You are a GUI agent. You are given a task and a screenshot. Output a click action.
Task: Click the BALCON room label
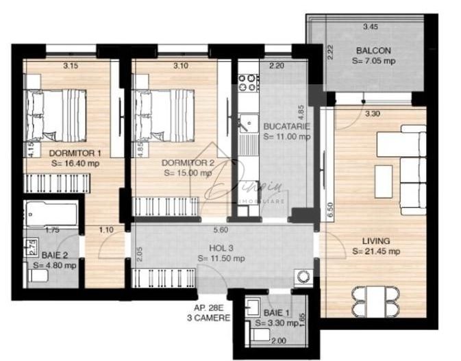pyautogui.click(x=373, y=51)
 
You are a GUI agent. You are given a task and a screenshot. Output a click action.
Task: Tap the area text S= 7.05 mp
pyautogui.click(x=373, y=61)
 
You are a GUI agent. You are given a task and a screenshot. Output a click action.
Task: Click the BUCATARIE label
pyautogui.click(x=286, y=127)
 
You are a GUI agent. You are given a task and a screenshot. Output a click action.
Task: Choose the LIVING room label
pyautogui.click(x=376, y=240)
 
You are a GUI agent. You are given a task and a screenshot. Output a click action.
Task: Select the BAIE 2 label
pyautogui.click(x=55, y=255)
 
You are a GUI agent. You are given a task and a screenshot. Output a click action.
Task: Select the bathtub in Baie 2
pyautogui.click(x=51, y=213)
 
